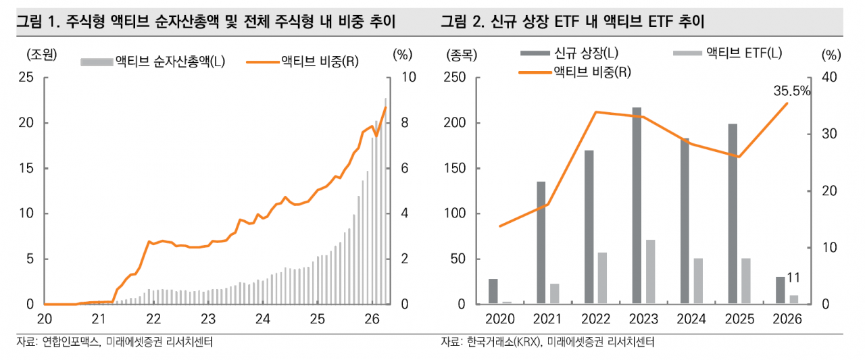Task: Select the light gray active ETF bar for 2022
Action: tap(602, 278)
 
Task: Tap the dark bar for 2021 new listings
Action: tap(541, 242)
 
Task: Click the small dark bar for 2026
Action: tap(781, 290)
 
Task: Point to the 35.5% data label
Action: tap(791, 91)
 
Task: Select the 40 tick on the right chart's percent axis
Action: tap(830, 78)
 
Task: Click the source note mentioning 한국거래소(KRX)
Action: tap(547, 342)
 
